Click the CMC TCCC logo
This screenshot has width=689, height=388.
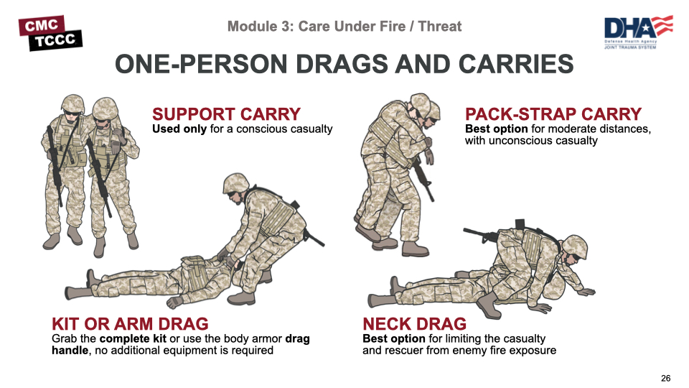tap(50, 32)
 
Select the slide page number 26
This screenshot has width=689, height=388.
tap(665, 379)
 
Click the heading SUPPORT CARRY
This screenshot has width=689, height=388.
tap(226, 114)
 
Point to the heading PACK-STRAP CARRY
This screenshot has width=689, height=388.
tap(553, 114)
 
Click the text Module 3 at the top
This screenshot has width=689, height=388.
tap(258, 27)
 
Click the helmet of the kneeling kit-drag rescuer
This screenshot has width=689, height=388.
tap(235, 183)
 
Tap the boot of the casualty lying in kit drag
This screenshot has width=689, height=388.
tap(91, 278)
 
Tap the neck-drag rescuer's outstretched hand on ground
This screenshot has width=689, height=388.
tap(586, 291)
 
